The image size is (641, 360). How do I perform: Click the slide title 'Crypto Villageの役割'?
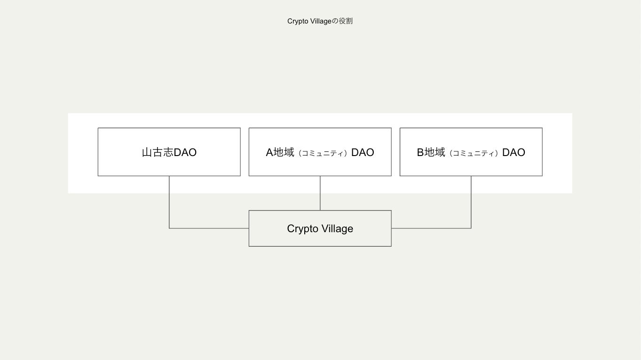[x=320, y=21]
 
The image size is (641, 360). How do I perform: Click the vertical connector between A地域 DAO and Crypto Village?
[x=320, y=193]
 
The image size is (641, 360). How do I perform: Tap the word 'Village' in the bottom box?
[x=337, y=228]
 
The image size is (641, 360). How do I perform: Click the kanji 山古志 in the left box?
[x=158, y=152]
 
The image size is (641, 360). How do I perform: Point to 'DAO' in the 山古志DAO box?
[x=185, y=152]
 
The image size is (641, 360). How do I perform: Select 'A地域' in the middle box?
[x=280, y=152]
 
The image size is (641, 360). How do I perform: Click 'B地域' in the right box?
[x=431, y=152]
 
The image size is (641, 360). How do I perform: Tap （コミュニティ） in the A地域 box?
[x=323, y=153]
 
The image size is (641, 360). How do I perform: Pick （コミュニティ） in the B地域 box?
[x=474, y=153]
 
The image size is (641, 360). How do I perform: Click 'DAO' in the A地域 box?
[x=363, y=152]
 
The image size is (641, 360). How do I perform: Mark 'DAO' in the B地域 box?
[x=514, y=152]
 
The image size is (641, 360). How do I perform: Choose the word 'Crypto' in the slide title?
[x=298, y=21]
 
